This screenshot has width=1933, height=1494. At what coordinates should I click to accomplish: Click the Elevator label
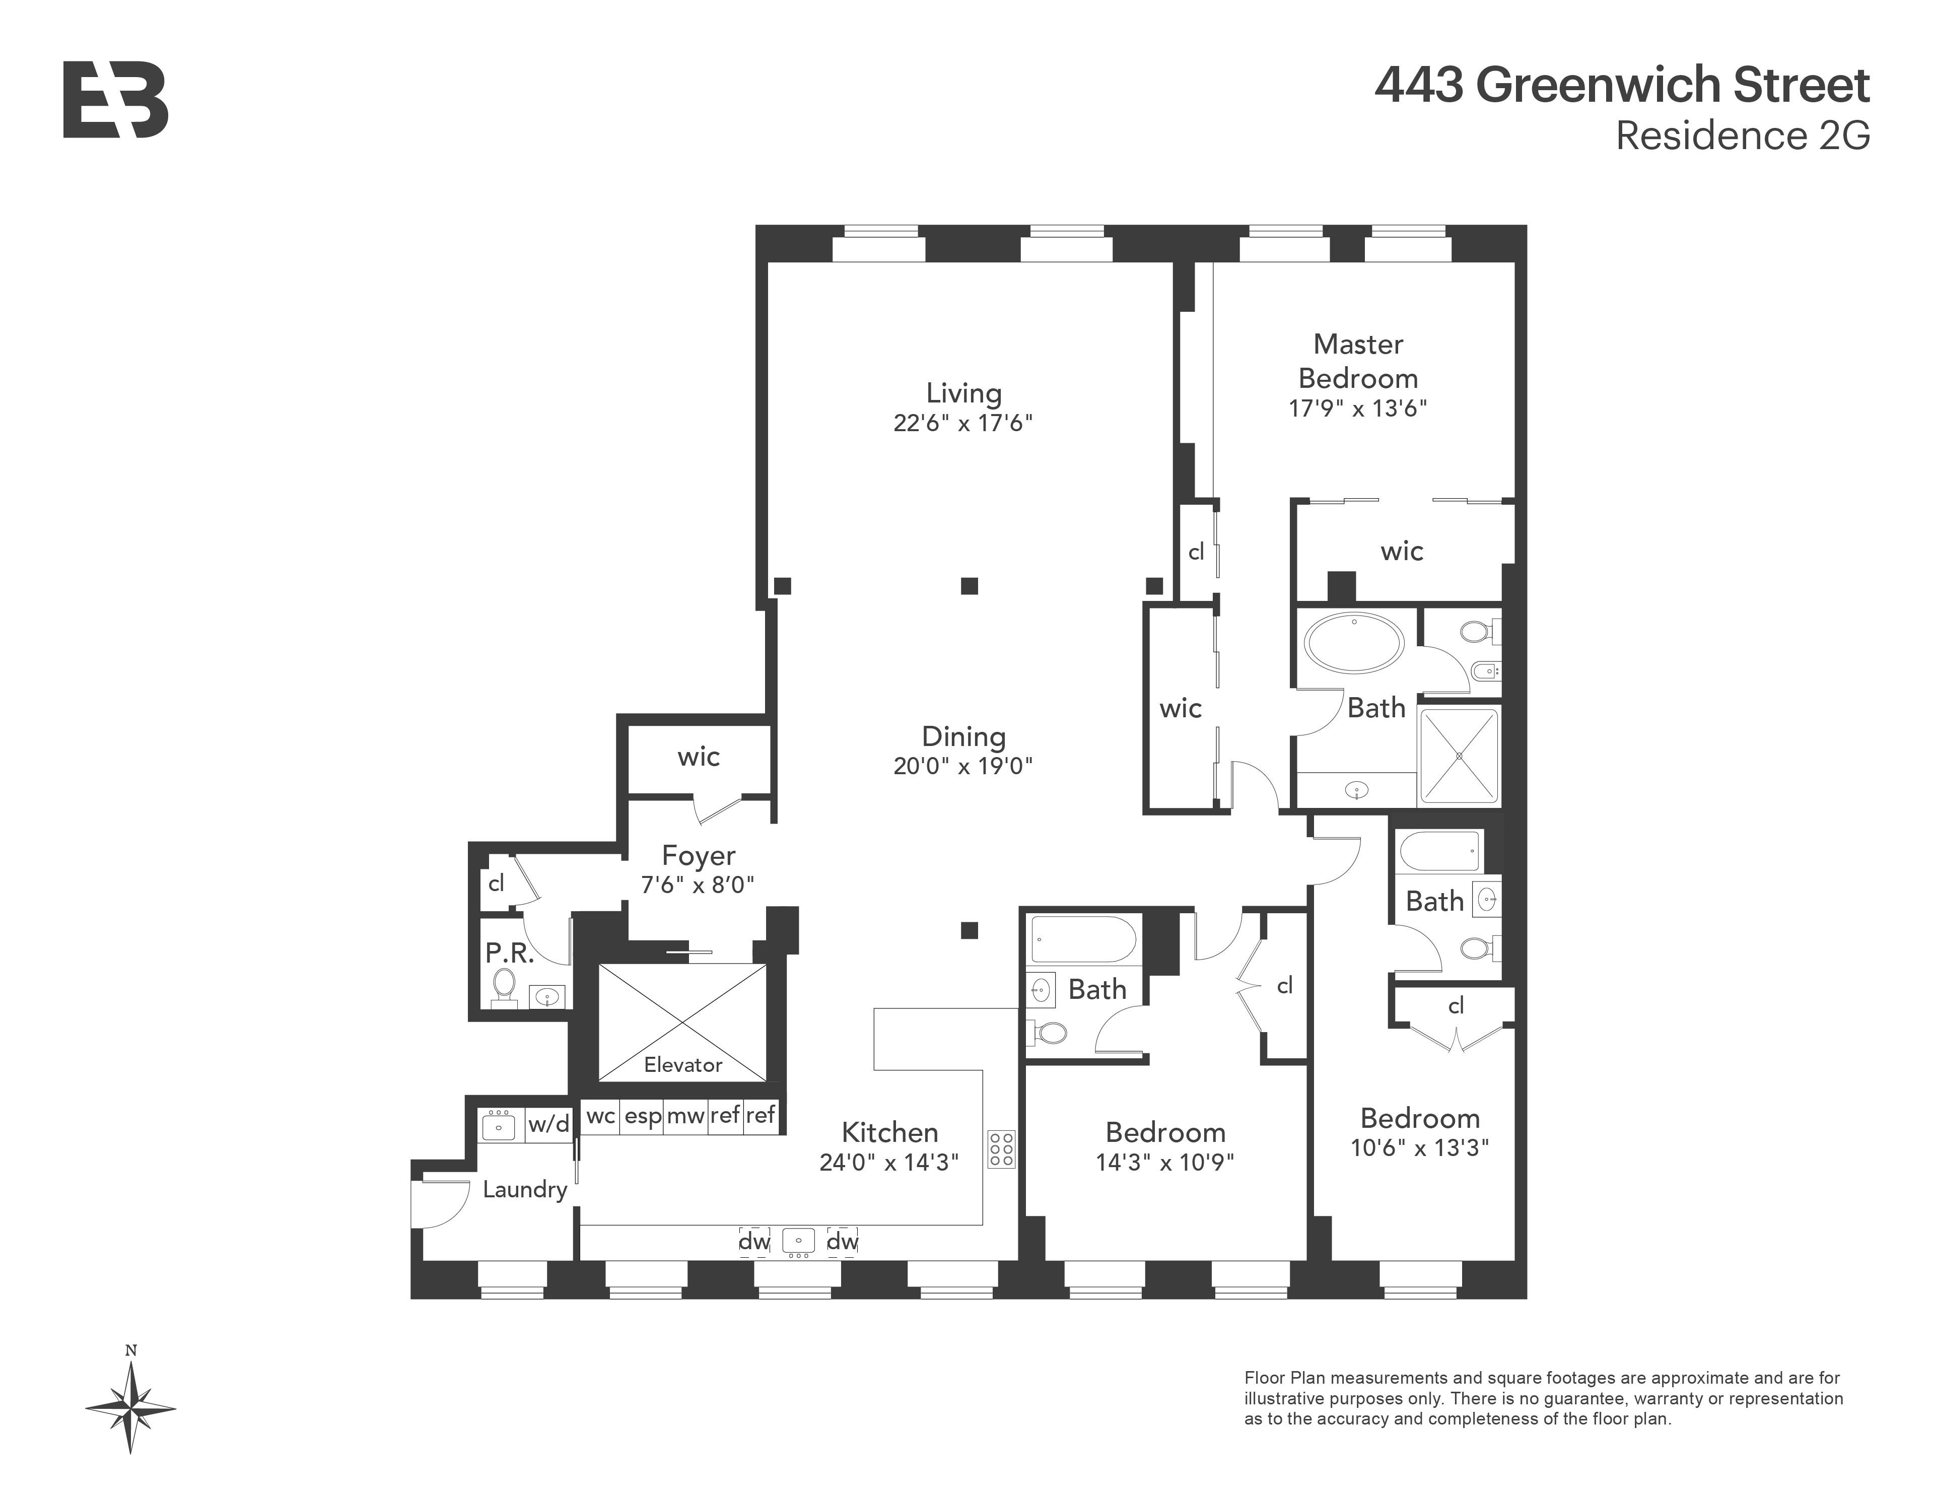click(x=682, y=1065)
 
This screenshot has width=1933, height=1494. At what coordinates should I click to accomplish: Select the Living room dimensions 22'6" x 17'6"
click(x=963, y=423)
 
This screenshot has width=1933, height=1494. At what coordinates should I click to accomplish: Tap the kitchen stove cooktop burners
click(x=1001, y=1149)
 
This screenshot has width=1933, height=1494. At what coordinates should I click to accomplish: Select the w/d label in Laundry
click(x=549, y=1124)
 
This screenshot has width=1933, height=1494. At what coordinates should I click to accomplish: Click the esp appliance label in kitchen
click(x=643, y=1116)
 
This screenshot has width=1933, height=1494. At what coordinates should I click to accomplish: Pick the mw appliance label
click(x=685, y=1116)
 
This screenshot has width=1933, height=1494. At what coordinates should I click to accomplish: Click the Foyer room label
click(x=699, y=856)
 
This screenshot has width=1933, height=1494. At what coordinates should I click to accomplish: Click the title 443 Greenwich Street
click(x=1621, y=85)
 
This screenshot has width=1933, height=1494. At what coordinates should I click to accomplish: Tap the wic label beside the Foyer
click(x=699, y=757)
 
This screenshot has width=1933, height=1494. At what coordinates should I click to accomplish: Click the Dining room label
click(x=963, y=736)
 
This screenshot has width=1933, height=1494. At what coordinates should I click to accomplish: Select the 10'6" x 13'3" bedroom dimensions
click(x=1420, y=1148)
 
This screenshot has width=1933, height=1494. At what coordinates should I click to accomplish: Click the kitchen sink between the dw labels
click(x=798, y=1241)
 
